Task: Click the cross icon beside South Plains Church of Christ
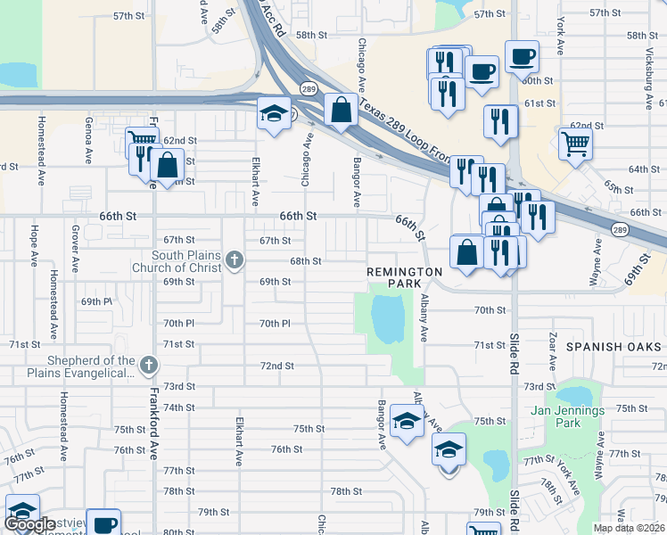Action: click(x=234, y=260)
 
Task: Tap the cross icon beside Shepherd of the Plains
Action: click(x=149, y=366)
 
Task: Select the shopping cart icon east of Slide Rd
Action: click(x=576, y=142)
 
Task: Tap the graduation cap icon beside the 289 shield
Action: click(x=275, y=112)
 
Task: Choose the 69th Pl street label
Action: click(x=96, y=302)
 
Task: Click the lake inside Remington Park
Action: click(x=387, y=318)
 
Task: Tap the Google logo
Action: click(x=30, y=524)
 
